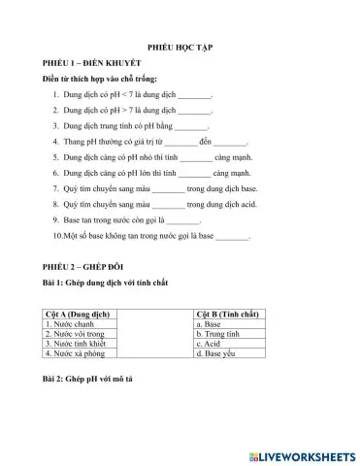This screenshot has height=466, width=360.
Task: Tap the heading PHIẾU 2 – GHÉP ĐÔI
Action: (83, 266)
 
